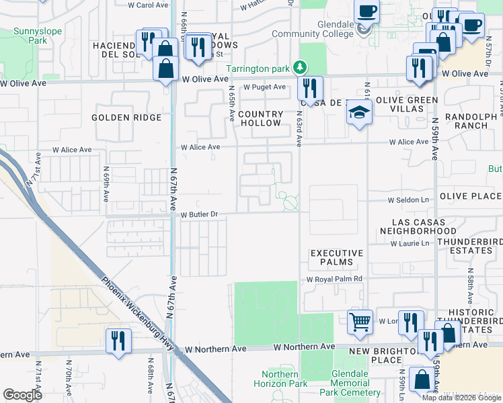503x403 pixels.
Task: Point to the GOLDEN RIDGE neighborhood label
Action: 127,118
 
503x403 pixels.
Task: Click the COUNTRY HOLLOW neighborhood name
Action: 260,119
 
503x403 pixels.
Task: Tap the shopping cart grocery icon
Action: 360,322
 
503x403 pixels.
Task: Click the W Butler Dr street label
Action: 200,214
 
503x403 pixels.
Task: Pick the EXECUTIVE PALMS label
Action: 336,257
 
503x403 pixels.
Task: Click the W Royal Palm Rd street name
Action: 334,279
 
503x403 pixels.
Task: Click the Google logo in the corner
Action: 22,394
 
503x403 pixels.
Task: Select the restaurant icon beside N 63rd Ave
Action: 310,87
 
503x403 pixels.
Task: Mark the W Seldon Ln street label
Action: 408,200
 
